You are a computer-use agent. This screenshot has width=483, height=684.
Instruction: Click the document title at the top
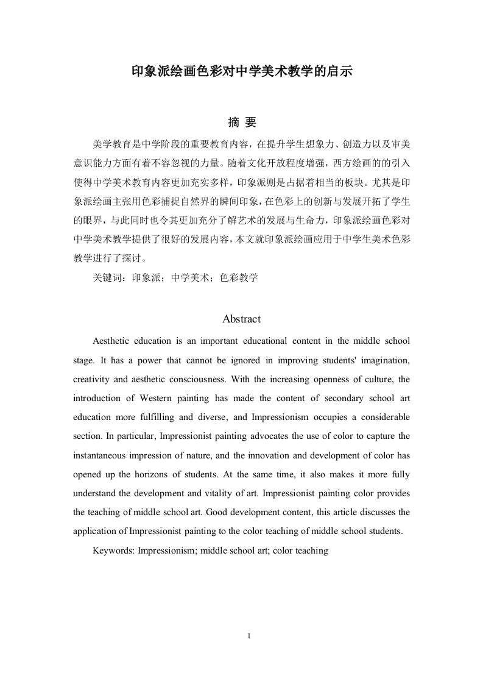click(242, 72)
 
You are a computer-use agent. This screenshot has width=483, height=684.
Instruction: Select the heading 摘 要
click(242, 123)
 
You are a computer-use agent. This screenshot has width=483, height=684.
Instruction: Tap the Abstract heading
click(242, 319)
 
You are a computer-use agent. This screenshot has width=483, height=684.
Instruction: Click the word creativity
click(91, 379)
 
